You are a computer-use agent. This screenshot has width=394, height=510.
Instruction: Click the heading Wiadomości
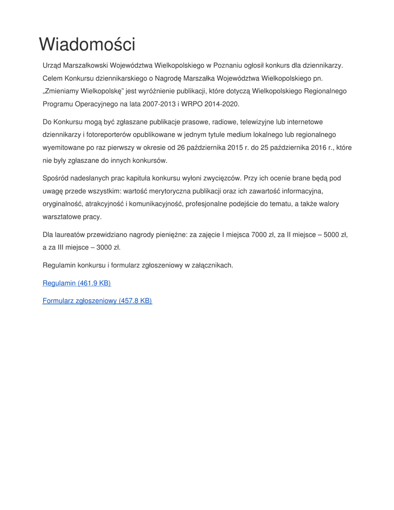pyautogui.click(x=87, y=45)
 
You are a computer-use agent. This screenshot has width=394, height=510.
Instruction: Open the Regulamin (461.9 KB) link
pyautogui.click(x=77, y=283)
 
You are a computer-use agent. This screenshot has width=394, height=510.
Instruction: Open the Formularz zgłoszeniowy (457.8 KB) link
pyautogui.click(x=97, y=301)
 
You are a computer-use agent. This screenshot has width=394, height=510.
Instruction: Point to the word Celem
pyautogui.click(x=52, y=78)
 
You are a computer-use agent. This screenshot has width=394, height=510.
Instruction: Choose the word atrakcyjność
pyautogui.click(x=105, y=204)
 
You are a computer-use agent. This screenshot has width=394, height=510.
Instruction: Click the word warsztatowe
pyautogui.click(x=63, y=217)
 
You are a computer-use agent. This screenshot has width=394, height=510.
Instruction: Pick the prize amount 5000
pyautogui.click(x=332, y=235)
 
